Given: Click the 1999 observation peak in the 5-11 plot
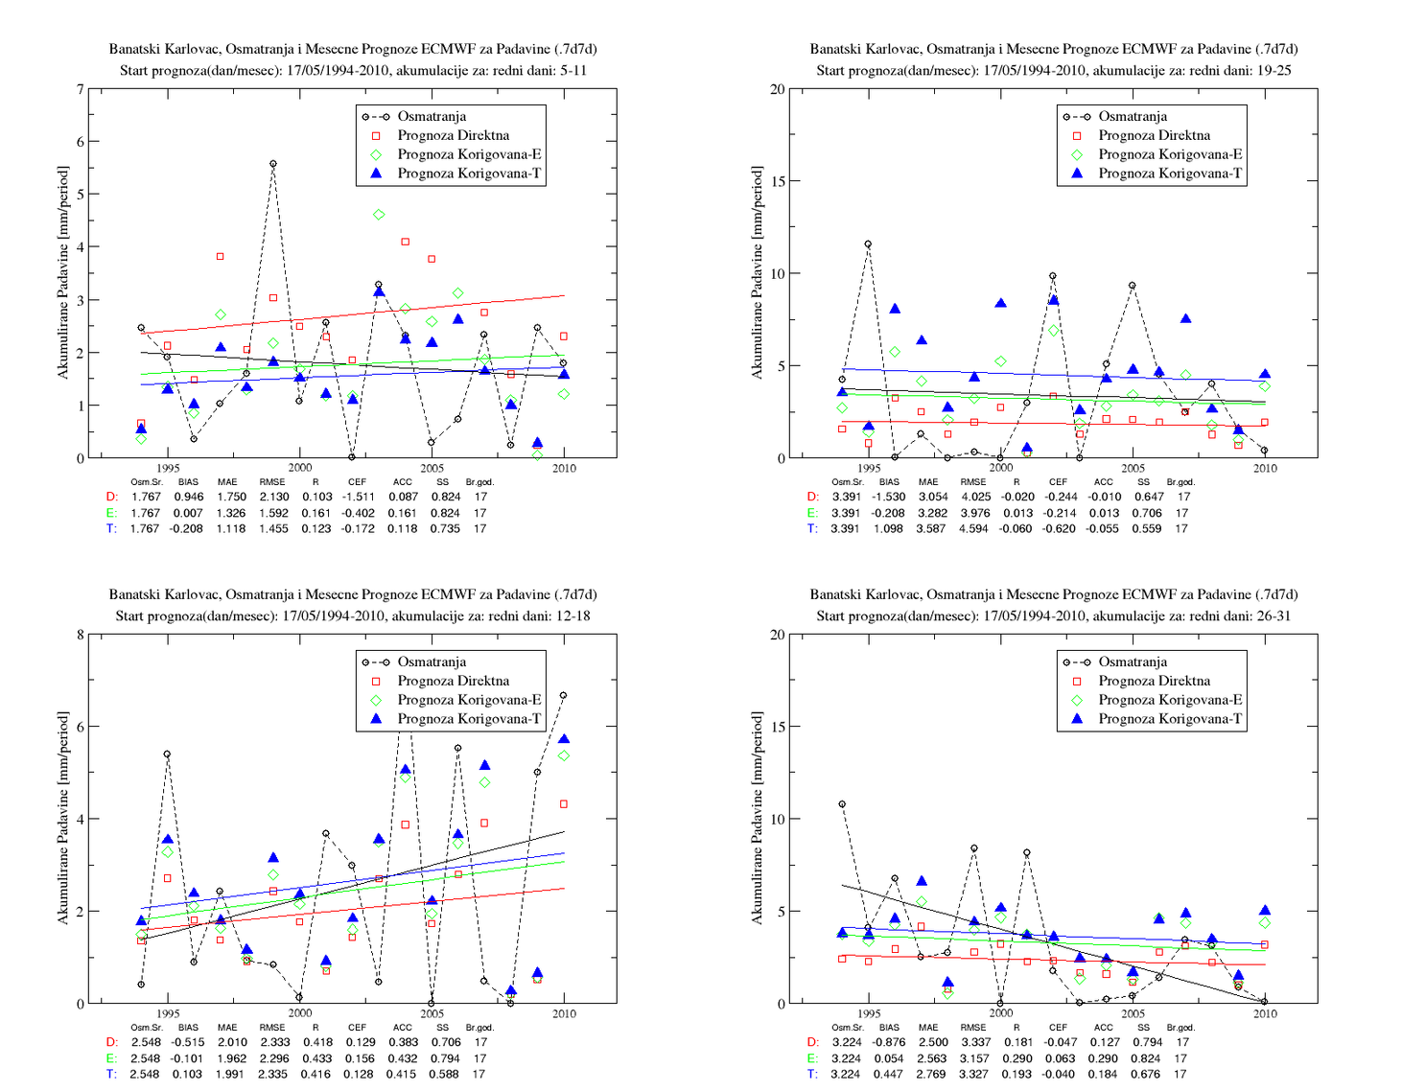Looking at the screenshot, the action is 273,164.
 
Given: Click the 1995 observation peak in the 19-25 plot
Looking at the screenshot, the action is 868,244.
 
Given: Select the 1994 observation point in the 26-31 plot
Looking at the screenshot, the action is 842,804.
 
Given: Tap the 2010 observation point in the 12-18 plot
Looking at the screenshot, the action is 563,695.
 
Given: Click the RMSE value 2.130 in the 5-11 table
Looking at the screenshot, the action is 273,497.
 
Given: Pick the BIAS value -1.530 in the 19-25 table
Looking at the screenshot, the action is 888,497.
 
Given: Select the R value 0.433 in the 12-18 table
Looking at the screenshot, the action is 315,1058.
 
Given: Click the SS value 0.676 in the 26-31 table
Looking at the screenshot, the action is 1145,1074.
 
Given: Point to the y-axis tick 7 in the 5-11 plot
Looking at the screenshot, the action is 80,89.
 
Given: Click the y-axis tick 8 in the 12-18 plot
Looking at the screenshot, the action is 80,635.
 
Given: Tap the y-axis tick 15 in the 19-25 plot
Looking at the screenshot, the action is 778,181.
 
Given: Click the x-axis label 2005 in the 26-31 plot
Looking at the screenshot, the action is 1133,1013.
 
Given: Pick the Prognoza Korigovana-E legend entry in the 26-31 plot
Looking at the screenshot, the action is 1155,700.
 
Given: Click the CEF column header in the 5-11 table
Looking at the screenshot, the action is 357,481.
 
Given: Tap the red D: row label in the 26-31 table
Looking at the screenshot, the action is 813,1042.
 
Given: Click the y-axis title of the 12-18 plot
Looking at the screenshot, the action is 62,818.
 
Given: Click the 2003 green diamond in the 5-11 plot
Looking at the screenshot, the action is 379,215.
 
